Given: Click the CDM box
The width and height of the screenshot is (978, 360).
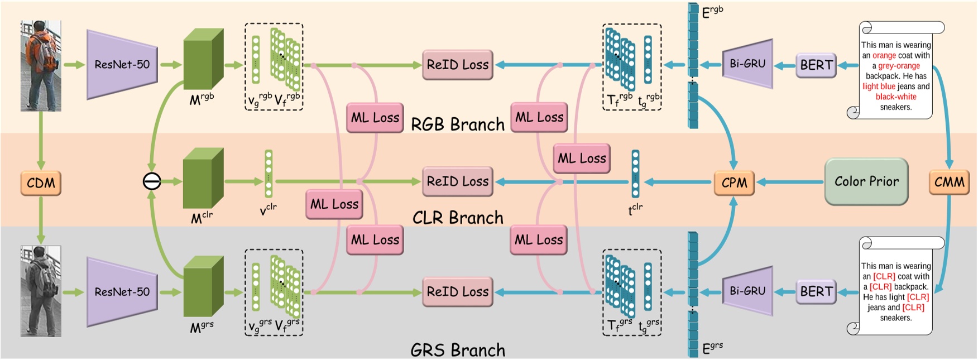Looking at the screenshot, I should tap(41, 183).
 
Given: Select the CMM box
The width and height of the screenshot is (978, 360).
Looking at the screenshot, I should tap(949, 183).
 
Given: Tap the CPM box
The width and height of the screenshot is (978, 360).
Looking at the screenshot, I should tap(734, 183).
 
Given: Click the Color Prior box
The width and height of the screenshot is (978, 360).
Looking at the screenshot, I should tap(866, 181).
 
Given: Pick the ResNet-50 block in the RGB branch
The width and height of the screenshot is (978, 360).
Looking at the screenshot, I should tap(122, 65).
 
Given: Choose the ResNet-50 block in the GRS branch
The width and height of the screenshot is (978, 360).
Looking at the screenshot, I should tap(122, 292).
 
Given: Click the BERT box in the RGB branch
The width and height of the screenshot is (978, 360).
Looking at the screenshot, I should tap(816, 65).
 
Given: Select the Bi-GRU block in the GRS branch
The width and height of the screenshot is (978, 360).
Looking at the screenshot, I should tap(747, 291).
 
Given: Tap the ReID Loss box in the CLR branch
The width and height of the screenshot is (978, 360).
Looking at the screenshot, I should tap(457, 181).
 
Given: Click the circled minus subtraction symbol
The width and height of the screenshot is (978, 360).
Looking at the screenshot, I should tap(152, 181).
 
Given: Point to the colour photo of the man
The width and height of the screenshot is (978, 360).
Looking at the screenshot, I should tap(41, 66).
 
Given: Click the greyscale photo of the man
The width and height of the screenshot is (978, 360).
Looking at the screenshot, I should tap(41, 291).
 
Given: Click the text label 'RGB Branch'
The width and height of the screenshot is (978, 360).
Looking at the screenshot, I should tap(458, 124).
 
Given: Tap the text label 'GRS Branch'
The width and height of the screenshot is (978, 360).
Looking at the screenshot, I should tap(458, 350).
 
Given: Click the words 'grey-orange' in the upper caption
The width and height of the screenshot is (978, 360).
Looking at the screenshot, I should tap(899, 66).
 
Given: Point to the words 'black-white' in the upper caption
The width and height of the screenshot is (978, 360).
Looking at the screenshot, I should tap(896, 97).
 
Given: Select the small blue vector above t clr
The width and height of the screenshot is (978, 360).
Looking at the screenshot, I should tap(635, 174).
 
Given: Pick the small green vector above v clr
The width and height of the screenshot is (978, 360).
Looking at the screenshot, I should tap(269, 173).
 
